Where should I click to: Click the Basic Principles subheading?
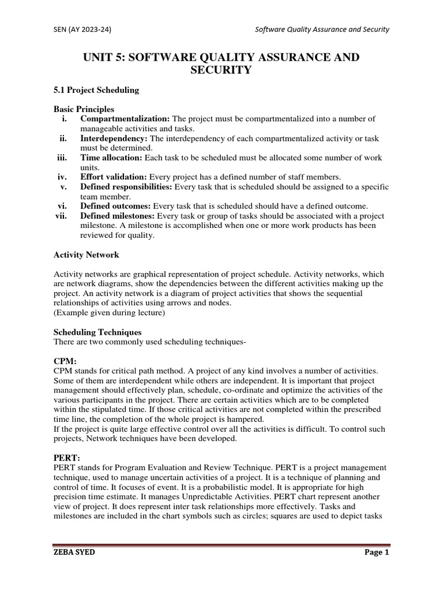point(84,109)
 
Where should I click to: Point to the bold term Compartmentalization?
point(125,119)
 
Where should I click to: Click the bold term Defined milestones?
point(118,216)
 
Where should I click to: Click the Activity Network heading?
point(87,255)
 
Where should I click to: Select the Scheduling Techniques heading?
point(97,332)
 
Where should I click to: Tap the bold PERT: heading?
point(66,458)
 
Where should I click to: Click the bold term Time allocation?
point(111,158)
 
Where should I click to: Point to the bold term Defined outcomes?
point(115,206)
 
